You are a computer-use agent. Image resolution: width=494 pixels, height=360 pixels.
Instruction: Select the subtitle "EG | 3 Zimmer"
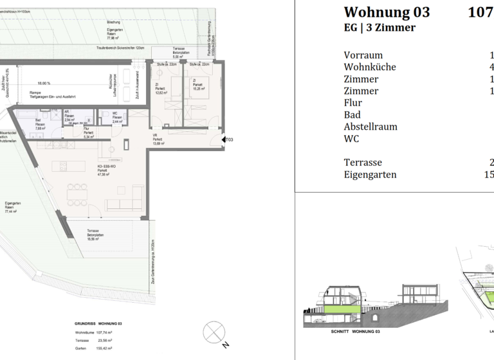point(380,28)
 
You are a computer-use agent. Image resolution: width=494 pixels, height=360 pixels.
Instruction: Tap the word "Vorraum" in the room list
point(363,55)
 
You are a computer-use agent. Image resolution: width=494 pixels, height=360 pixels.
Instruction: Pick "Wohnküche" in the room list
point(370,67)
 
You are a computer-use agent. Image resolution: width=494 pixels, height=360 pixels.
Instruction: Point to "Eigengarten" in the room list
point(370,174)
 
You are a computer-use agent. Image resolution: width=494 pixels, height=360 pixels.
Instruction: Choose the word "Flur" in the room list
point(353,103)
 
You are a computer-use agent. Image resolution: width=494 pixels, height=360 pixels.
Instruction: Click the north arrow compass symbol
point(212,334)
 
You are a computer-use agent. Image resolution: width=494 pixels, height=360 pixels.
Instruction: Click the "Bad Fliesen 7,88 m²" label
point(39,124)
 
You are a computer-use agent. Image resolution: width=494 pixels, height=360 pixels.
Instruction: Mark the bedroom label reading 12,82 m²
point(161,89)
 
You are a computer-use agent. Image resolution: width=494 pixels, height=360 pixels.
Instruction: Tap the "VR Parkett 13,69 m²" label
point(158,139)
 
